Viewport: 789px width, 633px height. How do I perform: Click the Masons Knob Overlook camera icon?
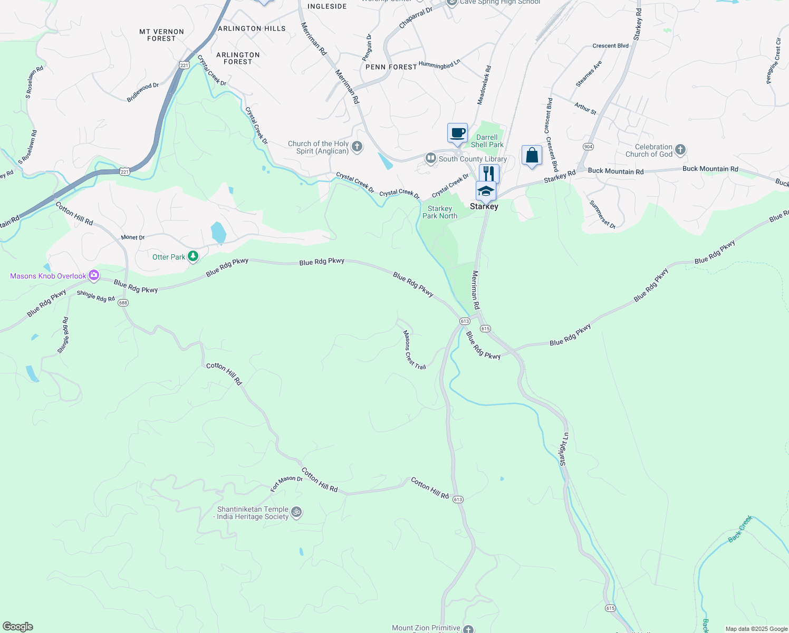(94, 275)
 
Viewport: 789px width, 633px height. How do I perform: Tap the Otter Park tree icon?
(194, 256)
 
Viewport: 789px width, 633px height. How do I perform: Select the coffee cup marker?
(457, 133)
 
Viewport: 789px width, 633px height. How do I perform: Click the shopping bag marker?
(532, 156)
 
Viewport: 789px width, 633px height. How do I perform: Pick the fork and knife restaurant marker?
(489, 174)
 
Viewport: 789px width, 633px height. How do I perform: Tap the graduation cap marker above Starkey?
(486, 191)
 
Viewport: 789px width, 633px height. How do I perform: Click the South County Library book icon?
(431, 158)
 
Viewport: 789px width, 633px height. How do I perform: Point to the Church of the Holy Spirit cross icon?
(357, 147)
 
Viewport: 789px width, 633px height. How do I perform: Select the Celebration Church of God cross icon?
(680, 150)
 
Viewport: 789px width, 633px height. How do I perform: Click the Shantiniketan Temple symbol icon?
(297, 512)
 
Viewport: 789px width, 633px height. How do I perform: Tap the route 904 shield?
(588, 146)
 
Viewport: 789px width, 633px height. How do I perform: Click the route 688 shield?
(123, 303)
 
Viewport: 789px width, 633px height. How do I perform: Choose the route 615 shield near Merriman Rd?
(486, 328)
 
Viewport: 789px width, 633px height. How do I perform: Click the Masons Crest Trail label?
(414, 350)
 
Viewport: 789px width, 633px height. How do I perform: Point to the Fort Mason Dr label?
(286, 484)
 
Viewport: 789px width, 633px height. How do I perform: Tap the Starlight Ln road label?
(564, 449)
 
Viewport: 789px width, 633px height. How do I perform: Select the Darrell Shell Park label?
(487, 141)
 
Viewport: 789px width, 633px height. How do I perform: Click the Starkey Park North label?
(440, 212)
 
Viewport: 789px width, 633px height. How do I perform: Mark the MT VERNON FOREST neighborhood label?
(161, 35)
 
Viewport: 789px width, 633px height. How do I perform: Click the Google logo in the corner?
(17, 627)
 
